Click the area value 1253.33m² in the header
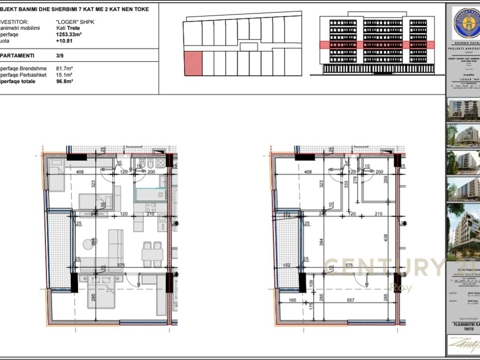[x=69, y=34]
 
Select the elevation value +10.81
[x=64, y=40]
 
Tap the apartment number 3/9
[x=60, y=55]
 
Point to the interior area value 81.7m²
[x=64, y=68]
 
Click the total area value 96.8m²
[x=64, y=81]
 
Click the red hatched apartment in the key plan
[x=193, y=64]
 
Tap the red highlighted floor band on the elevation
[x=369, y=45]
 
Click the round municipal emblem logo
[x=466, y=23]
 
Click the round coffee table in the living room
[x=90, y=244]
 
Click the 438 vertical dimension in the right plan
[x=386, y=238]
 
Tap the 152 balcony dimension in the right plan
[x=287, y=265]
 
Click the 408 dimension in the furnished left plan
[x=80, y=172]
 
